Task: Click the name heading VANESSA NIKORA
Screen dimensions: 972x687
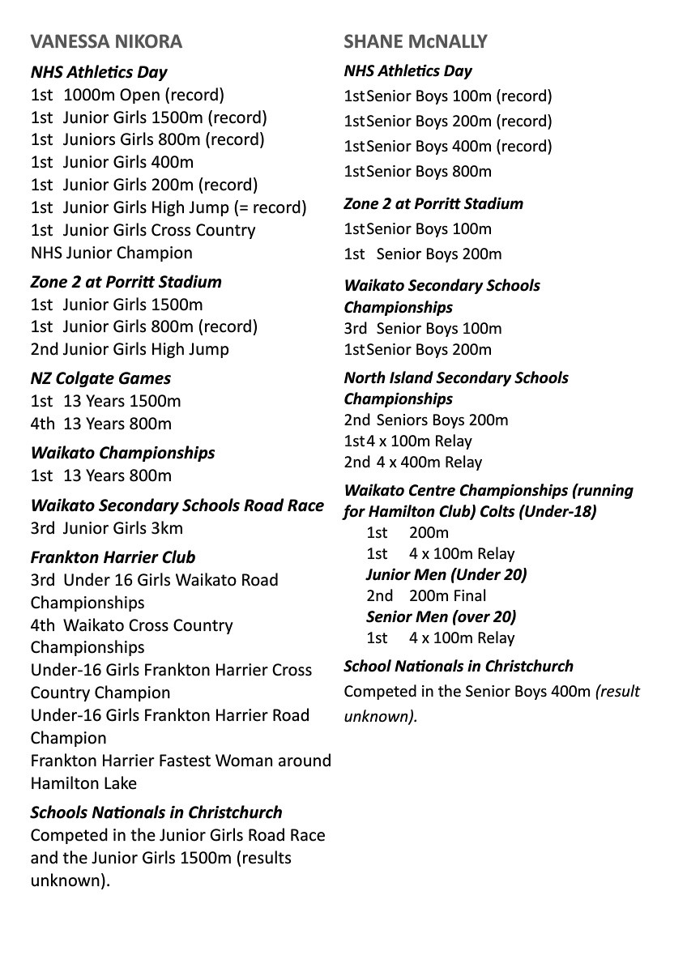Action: [x=106, y=41]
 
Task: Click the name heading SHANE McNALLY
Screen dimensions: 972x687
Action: [x=416, y=41]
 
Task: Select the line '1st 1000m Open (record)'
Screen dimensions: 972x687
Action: [x=127, y=95]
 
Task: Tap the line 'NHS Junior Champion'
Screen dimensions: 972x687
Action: [x=112, y=253]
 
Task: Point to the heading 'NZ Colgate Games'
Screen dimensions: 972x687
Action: [x=100, y=378]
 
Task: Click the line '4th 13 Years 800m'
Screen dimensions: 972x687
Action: [x=101, y=424]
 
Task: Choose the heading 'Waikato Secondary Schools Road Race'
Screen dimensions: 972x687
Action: [x=177, y=505]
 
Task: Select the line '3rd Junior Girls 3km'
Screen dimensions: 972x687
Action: [x=107, y=528]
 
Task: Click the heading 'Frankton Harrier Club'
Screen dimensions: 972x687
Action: [x=113, y=557]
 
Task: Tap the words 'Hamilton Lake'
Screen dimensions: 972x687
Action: [x=83, y=783]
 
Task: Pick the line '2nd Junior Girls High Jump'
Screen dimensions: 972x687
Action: [x=130, y=349]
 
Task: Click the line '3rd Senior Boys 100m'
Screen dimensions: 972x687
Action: [x=423, y=329]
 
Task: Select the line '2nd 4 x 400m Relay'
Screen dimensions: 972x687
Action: [x=413, y=463]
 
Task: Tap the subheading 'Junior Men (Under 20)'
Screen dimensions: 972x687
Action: [x=446, y=574]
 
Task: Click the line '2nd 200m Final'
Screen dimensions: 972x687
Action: [x=427, y=595]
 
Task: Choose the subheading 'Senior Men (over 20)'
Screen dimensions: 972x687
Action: [x=441, y=616]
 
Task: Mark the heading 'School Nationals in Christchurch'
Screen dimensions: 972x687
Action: [x=459, y=667]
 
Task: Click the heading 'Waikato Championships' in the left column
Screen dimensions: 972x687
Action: [x=122, y=453]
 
